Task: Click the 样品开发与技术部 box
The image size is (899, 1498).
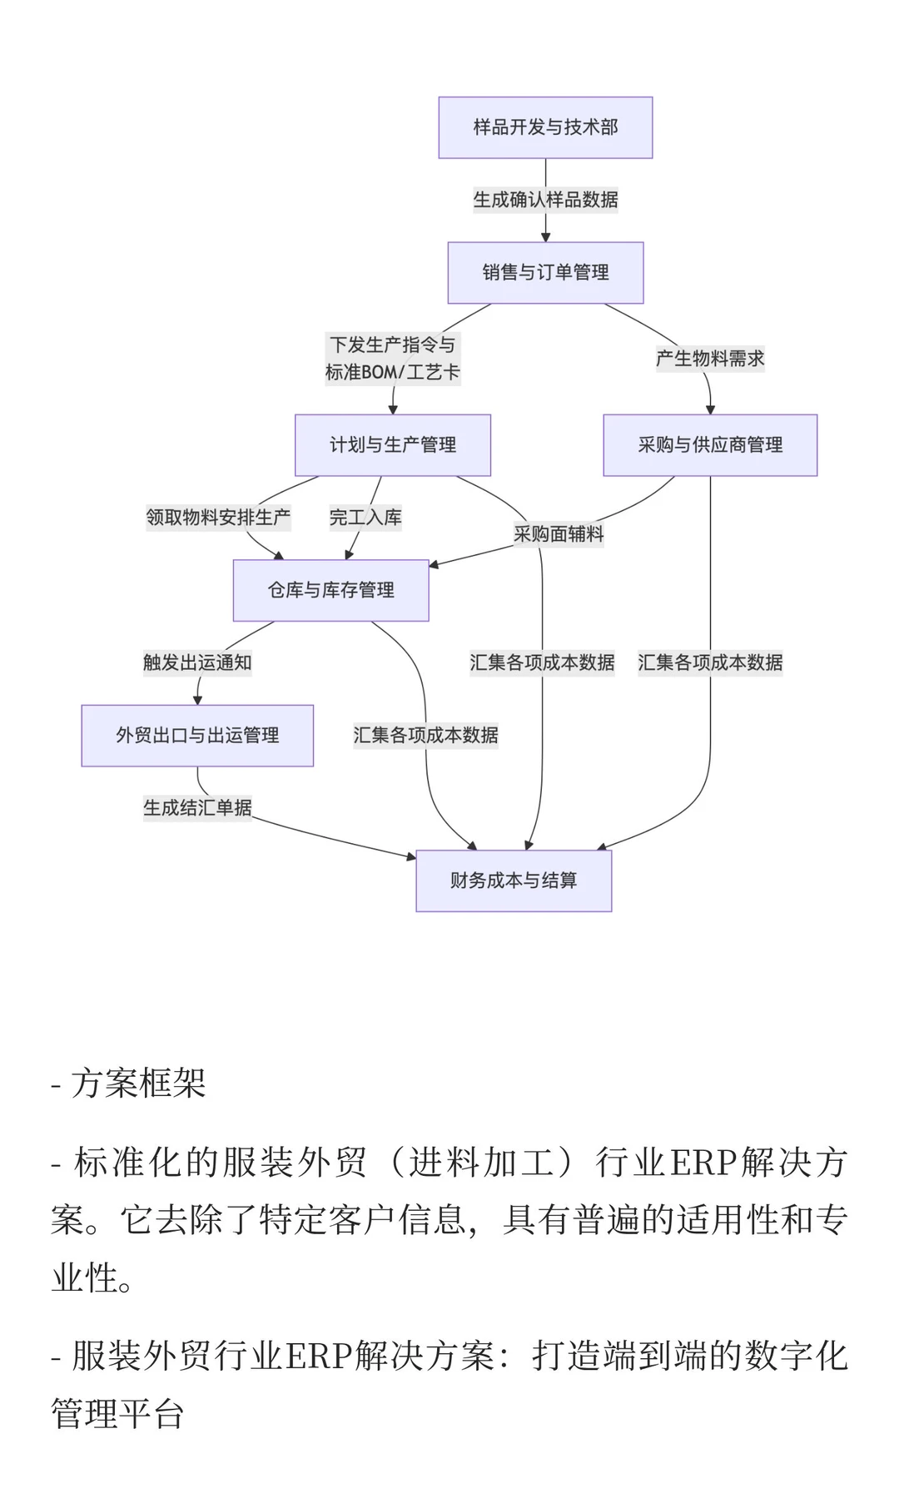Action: tap(545, 127)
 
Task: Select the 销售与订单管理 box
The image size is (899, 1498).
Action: tap(545, 272)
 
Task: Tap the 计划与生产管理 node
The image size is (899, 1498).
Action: tap(393, 445)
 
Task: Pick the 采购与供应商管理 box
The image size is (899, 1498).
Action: tap(710, 445)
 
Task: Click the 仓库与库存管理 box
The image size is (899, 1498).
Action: tap(330, 590)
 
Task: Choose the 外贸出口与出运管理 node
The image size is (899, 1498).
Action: tap(197, 735)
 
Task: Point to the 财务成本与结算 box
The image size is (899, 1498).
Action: tap(514, 880)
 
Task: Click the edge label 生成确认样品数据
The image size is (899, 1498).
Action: tap(545, 200)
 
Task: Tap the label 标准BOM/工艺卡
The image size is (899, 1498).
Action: tap(392, 372)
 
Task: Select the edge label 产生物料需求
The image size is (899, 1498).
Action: tap(710, 359)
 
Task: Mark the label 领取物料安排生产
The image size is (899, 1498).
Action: tap(218, 518)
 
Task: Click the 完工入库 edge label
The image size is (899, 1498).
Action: tap(365, 518)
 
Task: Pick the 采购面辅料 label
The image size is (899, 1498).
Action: tap(559, 534)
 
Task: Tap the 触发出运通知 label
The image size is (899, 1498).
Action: tap(197, 662)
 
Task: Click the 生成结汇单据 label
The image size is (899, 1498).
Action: tap(197, 807)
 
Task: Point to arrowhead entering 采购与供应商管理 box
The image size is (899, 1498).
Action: tap(710, 409)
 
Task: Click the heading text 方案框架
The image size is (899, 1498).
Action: tap(138, 1083)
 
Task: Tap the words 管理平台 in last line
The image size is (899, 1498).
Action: tap(117, 1414)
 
